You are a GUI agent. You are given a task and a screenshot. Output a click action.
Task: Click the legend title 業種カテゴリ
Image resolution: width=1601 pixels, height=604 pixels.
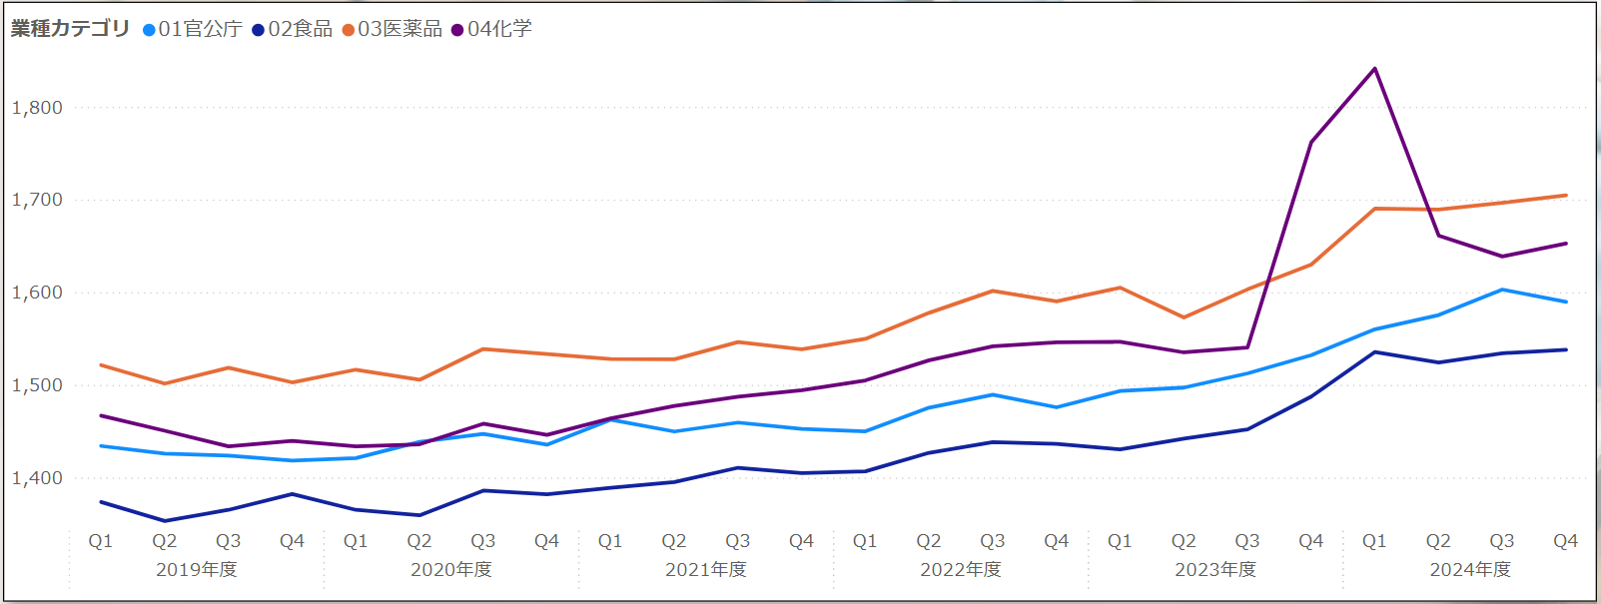coord(70,29)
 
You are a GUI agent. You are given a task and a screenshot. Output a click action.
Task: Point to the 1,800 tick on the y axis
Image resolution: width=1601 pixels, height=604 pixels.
coord(37,108)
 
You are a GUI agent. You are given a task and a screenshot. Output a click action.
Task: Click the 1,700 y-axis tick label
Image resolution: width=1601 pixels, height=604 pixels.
coord(37,201)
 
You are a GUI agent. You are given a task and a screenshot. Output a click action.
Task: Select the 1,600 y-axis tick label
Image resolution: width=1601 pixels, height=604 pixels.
coord(37,294)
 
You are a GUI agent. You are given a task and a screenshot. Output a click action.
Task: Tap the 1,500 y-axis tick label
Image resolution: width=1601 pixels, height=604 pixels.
coord(37,385)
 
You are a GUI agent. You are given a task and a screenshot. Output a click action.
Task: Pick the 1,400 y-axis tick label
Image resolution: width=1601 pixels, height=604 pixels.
coord(37,478)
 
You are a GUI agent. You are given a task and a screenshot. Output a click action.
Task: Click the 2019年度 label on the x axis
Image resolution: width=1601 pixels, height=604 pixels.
coord(196,570)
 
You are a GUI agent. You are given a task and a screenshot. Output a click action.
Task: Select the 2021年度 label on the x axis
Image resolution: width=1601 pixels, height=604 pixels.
coord(705,570)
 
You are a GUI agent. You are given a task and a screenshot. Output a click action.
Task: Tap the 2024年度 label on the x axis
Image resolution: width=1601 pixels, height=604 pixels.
coord(1470,570)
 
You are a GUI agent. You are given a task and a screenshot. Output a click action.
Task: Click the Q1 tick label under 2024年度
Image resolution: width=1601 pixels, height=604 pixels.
coord(1374,541)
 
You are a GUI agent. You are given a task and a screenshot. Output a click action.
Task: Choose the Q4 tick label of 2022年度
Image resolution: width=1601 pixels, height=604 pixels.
coord(1056,541)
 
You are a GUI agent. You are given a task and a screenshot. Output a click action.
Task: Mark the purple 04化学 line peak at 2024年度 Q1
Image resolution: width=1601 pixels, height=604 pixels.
coord(1374,69)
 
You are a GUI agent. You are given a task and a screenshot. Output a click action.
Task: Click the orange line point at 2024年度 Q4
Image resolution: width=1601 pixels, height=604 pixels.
coord(1565,196)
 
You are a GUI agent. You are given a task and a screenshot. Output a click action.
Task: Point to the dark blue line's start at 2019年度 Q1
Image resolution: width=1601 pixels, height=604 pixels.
coord(101,502)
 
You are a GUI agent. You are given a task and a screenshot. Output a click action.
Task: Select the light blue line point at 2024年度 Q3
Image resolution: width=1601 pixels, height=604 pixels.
coord(1502,290)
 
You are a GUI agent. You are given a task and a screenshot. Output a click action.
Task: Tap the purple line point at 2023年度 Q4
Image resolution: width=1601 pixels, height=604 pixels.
coord(1310,142)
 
